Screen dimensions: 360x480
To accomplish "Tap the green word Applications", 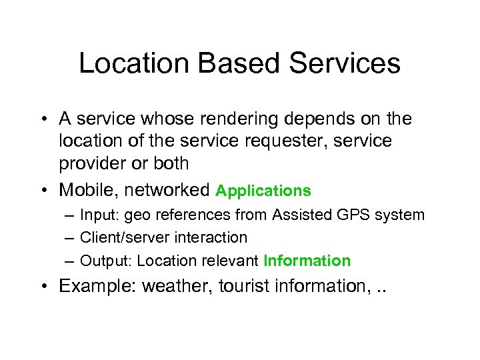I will [263, 191].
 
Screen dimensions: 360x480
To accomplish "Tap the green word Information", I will [307, 260].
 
